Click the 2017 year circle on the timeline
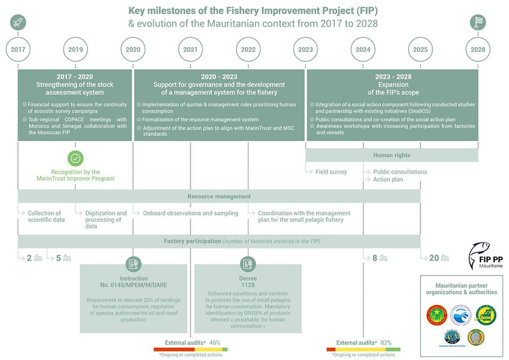[x=18, y=50]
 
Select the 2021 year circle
[x=191, y=50]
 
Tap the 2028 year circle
[x=478, y=50]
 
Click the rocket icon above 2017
[x=18, y=22]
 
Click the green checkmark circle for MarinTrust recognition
[x=75, y=159]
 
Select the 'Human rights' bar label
[x=391, y=155]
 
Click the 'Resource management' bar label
[x=219, y=197]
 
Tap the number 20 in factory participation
[x=434, y=258]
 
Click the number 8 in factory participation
[x=375, y=258]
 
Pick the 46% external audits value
[x=214, y=343]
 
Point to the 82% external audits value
[x=386, y=343]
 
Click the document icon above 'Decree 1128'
[x=248, y=264]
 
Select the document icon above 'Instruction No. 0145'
[x=133, y=264]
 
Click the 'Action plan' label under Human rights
[x=388, y=179]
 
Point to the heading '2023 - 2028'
[x=391, y=77]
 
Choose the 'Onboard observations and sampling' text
[x=190, y=213]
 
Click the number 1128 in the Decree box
[x=247, y=285]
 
